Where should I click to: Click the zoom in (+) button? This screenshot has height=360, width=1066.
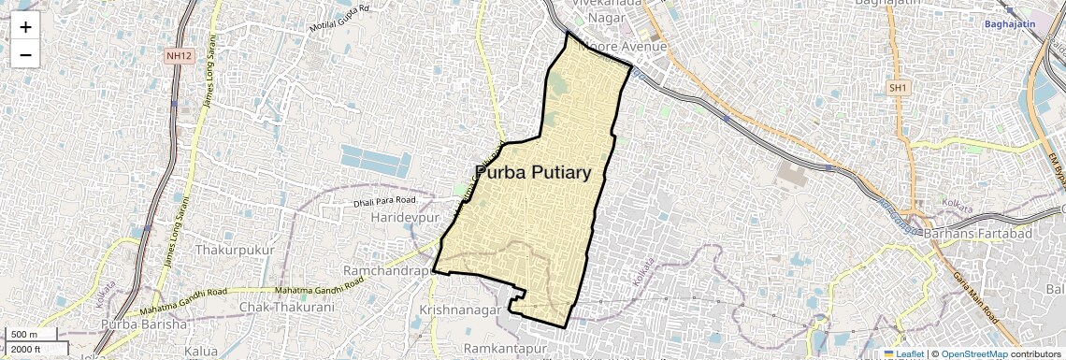click(25, 27)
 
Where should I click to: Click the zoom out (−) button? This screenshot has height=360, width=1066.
click(25, 55)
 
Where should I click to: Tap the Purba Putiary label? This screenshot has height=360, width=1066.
click(533, 173)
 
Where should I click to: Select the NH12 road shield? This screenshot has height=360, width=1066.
click(178, 56)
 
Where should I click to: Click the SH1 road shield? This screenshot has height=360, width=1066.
click(899, 87)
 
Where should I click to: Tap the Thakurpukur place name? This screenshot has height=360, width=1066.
click(234, 251)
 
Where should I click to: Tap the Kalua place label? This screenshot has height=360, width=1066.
click(202, 350)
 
